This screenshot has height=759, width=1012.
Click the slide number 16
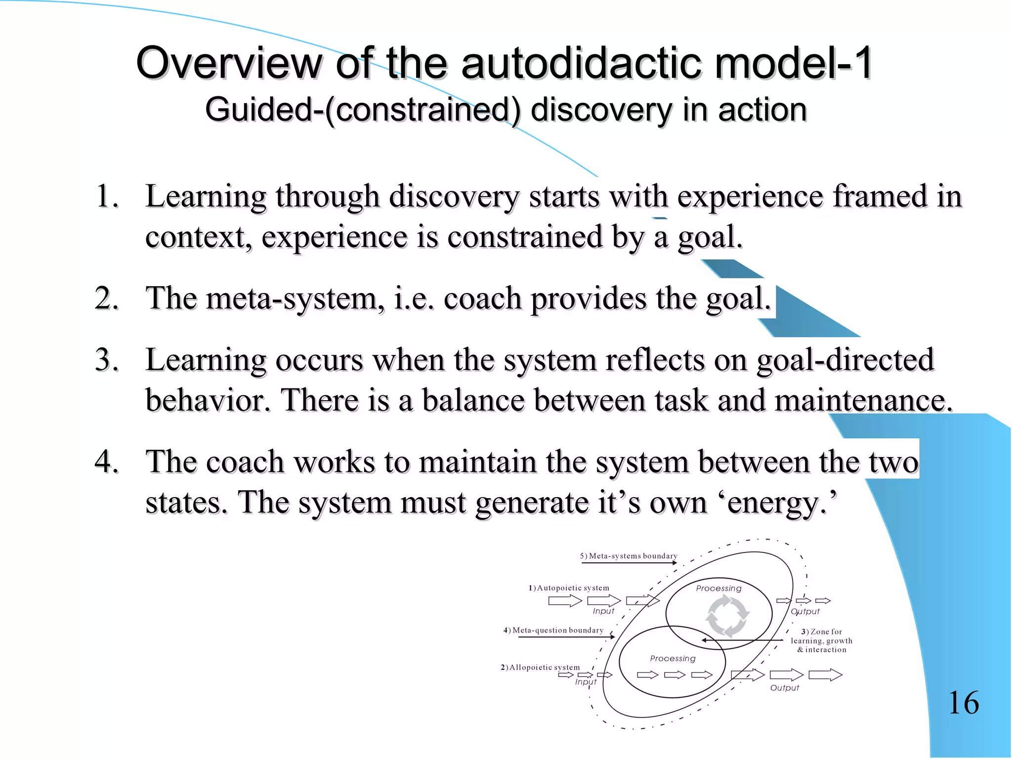tap(964, 703)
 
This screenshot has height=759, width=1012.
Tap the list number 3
tap(107, 360)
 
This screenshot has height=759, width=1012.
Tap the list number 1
tap(107, 196)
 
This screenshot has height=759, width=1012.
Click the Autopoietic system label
tap(569, 588)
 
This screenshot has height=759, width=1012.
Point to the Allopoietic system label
tap(541, 668)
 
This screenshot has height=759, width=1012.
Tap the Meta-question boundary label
tap(554, 630)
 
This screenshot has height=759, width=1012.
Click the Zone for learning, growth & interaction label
tap(821, 641)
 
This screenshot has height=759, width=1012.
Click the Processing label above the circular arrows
tap(718, 589)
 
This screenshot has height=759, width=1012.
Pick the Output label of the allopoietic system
tap(784, 688)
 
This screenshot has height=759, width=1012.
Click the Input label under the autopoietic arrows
tap(603, 611)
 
